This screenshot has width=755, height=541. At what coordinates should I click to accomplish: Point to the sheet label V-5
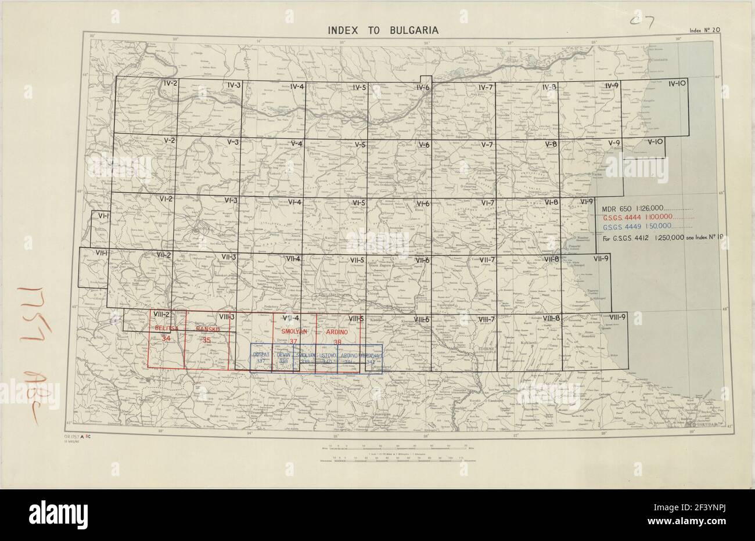[x=359, y=145]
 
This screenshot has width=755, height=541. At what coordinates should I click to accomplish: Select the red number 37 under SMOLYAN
[x=294, y=341]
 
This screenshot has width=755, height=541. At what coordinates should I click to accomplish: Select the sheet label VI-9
[x=587, y=201]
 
